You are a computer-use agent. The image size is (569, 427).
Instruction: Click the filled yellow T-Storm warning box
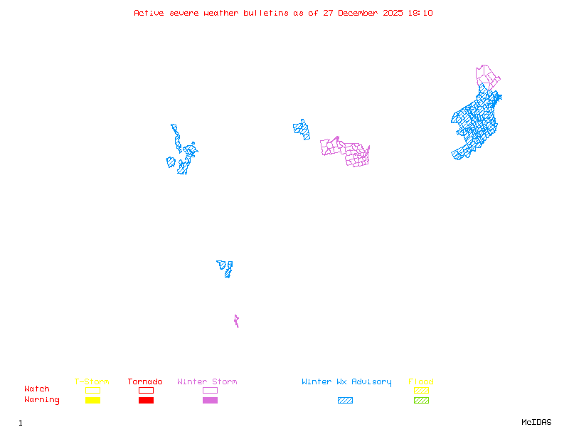pos(92,400)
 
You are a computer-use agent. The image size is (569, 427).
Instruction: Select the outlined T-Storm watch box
pos(92,390)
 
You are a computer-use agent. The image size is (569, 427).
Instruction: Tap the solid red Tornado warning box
pos(146,400)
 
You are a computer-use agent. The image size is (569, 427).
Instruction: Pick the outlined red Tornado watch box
pos(146,390)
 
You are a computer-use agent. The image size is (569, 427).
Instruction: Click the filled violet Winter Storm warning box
pos(210,400)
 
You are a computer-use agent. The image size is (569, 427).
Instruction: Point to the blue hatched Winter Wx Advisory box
pos(345,400)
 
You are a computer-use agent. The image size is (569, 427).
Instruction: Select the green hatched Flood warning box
pos(421,400)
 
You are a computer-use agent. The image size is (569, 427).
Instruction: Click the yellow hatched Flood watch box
pos(421,390)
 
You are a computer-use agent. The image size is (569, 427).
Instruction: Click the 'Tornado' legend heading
pos(145,382)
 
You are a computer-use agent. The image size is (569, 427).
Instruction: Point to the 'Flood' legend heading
pos(421,382)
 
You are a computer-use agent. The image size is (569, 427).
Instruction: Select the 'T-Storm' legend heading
pos(92,382)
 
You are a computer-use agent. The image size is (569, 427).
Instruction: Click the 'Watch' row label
pos(37,389)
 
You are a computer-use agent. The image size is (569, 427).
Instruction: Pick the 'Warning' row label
pos(42,400)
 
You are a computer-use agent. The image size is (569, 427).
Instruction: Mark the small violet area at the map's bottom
pos(236,322)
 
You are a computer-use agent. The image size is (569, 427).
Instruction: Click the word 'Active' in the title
pos(149,13)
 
